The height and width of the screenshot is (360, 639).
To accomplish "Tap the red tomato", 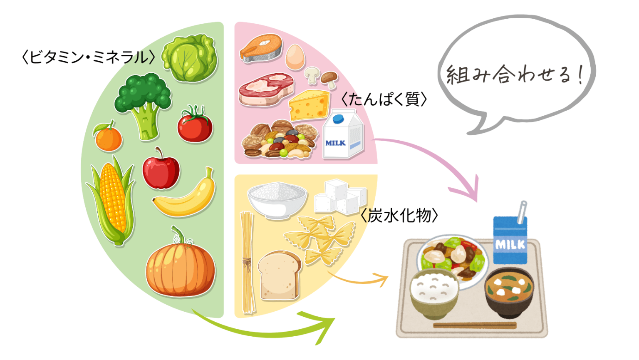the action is click(x=195, y=124).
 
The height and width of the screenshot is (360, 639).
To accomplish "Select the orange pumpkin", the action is click(x=180, y=265).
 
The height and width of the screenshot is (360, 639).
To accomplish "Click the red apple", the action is click(x=161, y=169).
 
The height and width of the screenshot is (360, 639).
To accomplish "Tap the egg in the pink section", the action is click(x=295, y=57).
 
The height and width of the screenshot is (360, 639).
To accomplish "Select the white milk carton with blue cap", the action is click(x=343, y=134).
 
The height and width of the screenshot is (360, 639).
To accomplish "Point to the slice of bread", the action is click(x=280, y=275).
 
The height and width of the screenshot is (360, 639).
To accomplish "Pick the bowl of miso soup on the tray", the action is click(x=509, y=293).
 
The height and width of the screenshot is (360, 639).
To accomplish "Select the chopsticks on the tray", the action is click(x=475, y=325).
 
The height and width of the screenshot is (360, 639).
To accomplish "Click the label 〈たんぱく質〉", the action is click(x=384, y=99).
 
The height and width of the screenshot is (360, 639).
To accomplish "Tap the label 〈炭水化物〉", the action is click(x=399, y=215).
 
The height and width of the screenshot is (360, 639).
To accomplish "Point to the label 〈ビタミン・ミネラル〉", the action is click(x=89, y=57).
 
